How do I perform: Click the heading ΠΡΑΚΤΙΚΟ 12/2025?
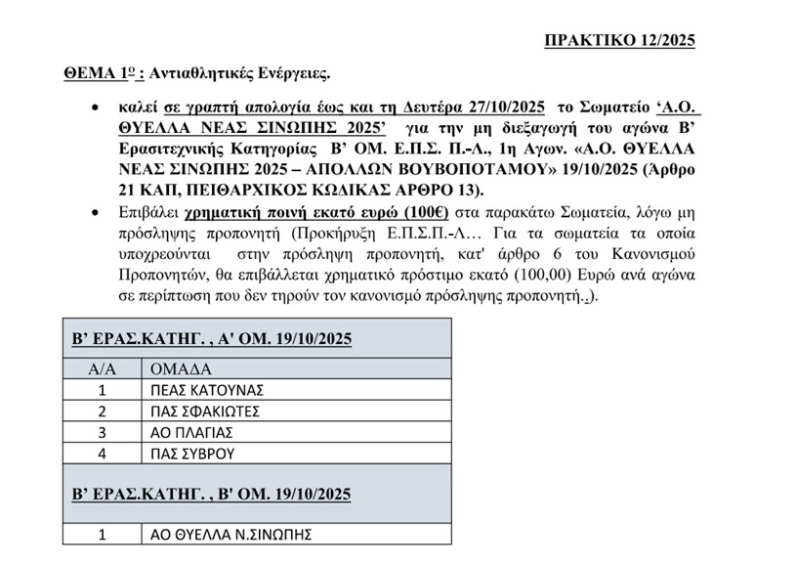619,40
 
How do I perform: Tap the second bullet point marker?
94,211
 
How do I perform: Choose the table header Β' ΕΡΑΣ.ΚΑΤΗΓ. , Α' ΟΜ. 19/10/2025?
212,339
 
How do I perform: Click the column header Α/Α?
102,369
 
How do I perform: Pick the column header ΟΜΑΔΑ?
183,369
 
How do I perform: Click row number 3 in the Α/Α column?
102,432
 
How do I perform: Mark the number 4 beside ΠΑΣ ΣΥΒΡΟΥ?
102,454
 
